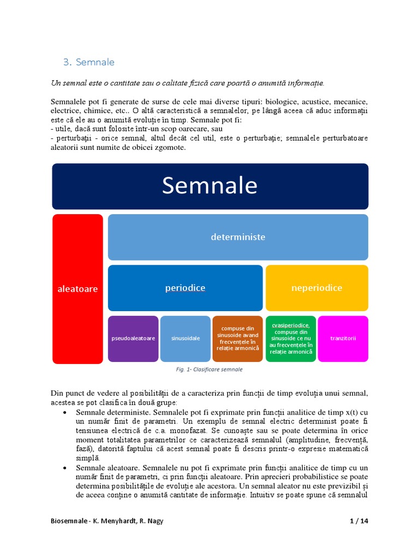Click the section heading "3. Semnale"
coord(89,62)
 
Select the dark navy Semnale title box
coord(210,186)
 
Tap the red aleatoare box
coord(77,289)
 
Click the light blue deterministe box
coord(238,237)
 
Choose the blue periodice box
coord(185,288)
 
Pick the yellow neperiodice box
coord(316,288)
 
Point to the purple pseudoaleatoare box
coord(133,338)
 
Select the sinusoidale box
coord(185,338)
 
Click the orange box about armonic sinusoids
coord(237,338)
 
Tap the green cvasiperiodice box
coord(291,338)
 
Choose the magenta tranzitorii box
coord(343,338)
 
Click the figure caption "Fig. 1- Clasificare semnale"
coord(209,369)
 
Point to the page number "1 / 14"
coord(359,521)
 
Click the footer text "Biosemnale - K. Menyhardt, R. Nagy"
coord(107,521)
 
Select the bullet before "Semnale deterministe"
coord(65,413)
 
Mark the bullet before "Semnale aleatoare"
coord(65,468)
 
